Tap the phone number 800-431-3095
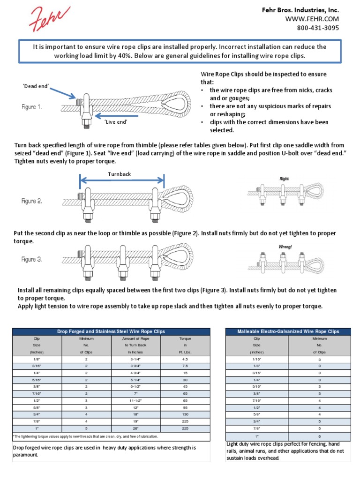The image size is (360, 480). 317,28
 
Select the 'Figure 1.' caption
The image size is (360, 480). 32,107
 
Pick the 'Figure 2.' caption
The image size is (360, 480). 32,201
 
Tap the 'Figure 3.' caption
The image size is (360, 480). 32,259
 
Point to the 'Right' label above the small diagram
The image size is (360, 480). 285,179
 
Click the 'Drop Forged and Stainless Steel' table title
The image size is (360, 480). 111,331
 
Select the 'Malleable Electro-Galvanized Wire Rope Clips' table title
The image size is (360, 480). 288,331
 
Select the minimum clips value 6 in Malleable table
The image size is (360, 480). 319,436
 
